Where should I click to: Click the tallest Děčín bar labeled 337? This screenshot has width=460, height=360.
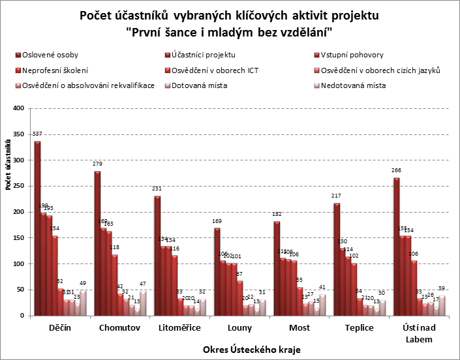pos(37,228)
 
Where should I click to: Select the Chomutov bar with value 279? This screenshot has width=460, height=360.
pos(97,243)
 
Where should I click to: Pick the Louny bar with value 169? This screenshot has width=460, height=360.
pos(217,271)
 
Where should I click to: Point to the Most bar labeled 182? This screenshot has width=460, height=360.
pos(277,268)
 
